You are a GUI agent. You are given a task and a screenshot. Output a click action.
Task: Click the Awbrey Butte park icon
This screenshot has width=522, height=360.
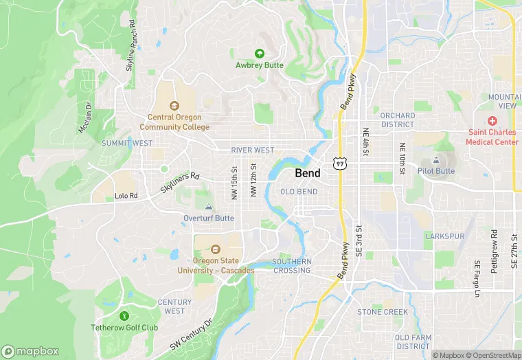click(x=260, y=53)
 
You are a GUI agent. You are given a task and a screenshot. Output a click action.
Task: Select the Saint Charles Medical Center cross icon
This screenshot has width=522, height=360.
click(x=492, y=120)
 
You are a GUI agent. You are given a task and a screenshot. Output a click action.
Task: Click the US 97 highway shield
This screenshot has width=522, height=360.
click(x=339, y=163)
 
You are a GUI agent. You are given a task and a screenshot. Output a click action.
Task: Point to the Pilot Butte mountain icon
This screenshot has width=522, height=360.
click(x=435, y=159)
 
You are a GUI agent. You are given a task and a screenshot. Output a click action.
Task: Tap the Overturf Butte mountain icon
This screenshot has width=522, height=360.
click(x=209, y=207)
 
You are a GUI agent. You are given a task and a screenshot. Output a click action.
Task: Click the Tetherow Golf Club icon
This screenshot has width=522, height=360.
click(x=124, y=316)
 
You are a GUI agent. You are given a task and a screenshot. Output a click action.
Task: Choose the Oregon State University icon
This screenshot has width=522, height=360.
click(x=216, y=249)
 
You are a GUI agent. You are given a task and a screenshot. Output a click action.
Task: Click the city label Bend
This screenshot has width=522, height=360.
click(x=307, y=173)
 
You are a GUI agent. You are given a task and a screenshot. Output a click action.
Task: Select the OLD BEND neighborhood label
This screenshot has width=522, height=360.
click(x=299, y=192)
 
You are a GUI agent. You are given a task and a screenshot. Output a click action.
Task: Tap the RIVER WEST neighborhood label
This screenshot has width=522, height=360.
click(x=252, y=150)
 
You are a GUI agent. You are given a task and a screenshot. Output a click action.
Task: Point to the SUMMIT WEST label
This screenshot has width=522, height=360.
click(x=127, y=143)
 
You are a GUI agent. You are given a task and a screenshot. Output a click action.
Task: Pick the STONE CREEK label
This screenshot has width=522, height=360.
click(x=382, y=312)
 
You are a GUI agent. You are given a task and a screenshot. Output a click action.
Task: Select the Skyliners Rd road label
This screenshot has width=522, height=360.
click(x=180, y=181)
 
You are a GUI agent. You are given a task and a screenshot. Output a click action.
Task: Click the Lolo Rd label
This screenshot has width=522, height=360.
click(x=126, y=196)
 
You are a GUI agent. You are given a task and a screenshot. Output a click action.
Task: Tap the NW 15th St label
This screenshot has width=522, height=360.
click(x=235, y=181)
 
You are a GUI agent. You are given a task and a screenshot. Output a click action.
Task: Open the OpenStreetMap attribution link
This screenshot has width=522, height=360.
click(x=493, y=355)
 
